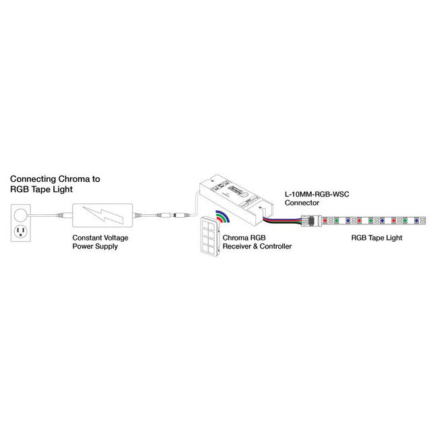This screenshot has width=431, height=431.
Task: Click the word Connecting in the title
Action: click(x=33, y=180)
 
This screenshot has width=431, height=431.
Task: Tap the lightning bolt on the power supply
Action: click(x=103, y=215)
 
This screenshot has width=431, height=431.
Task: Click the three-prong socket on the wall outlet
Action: click(x=21, y=232)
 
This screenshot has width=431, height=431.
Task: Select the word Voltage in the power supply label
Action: click(x=116, y=238)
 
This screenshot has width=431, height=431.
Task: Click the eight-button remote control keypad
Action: click(x=210, y=236)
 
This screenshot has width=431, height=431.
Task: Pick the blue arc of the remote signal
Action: click(x=224, y=215)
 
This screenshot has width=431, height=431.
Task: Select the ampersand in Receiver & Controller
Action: click(x=255, y=246)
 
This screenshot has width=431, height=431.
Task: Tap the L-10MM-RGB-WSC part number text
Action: click(x=317, y=195)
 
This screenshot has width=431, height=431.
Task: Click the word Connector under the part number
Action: click(x=302, y=203)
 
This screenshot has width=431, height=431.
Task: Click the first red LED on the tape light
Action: click(x=325, y=221)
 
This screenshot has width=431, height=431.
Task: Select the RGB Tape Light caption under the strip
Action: click(x=376, y=238)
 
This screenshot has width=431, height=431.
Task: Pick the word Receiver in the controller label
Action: click(x=236, y=246)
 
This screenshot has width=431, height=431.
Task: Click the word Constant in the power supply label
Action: click(x=87, y=238)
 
